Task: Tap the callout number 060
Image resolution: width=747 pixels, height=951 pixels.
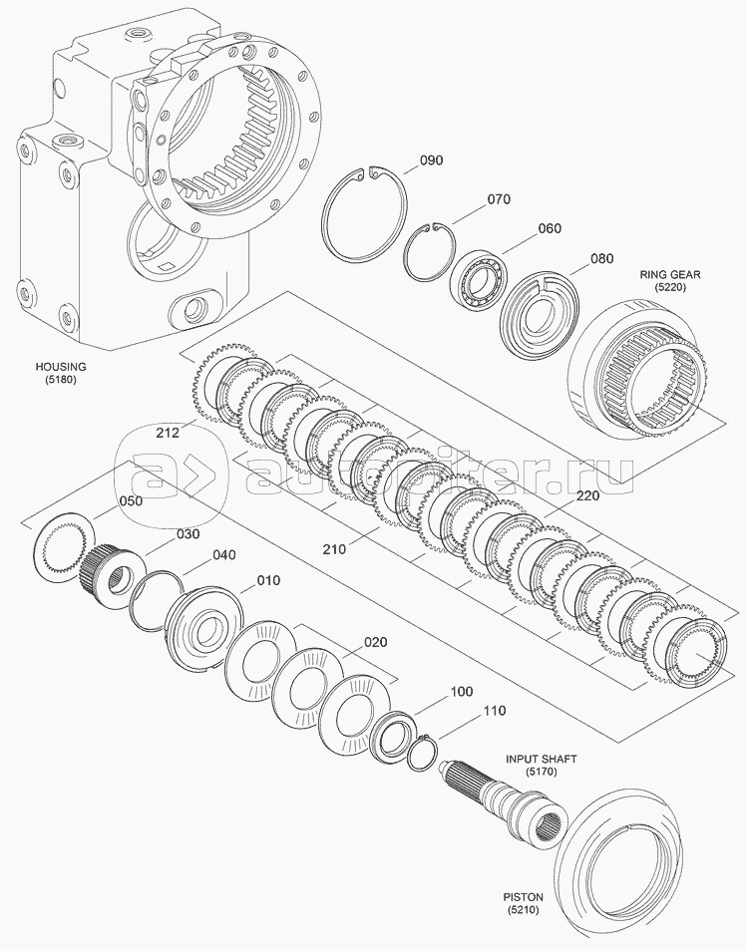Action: [x=550, y=228]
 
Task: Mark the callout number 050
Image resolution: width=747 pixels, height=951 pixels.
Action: [x=132, y=502]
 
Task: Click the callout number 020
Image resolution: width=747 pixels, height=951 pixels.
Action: [x=375, y=642]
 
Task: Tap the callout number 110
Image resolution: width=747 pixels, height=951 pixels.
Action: [x=495, y=711]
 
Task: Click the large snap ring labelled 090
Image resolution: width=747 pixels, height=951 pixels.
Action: [x=365, y=212]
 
